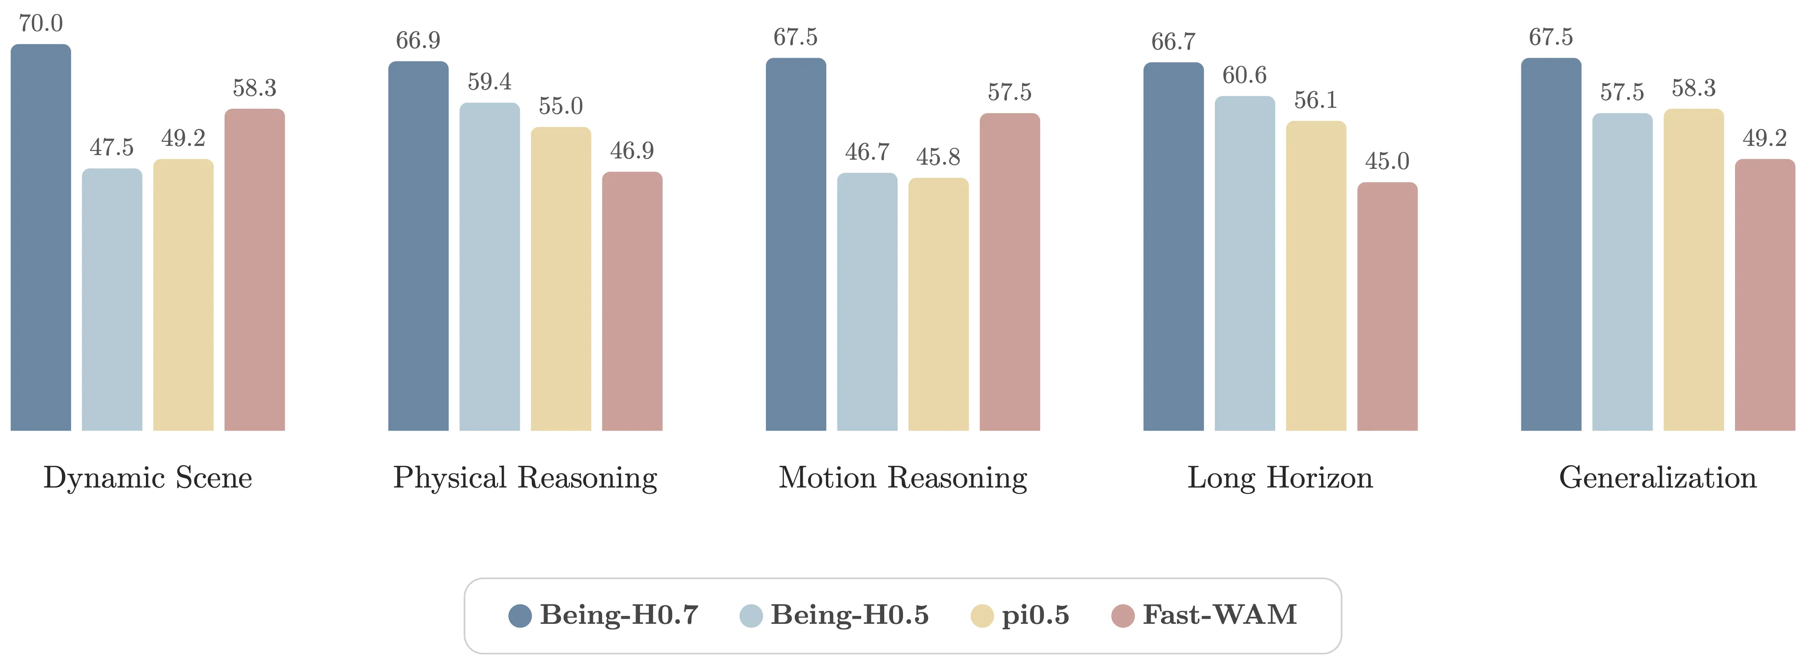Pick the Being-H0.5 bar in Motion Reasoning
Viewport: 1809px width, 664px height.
pos(867,302)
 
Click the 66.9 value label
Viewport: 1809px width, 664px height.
pos(418,41)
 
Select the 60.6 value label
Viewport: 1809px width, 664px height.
pos(1244,75)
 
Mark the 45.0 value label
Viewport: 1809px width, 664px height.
pos(1387,161)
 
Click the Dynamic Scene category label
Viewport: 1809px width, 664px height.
pos(148,478)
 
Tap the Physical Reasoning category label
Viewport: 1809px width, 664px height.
pos(525,478)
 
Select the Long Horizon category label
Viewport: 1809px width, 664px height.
pos(1279,478)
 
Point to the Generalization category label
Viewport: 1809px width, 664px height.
pos(1657,478)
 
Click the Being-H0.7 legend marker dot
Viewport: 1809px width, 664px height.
pos(520,615)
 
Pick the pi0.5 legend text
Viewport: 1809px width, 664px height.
pos(1035,615)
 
